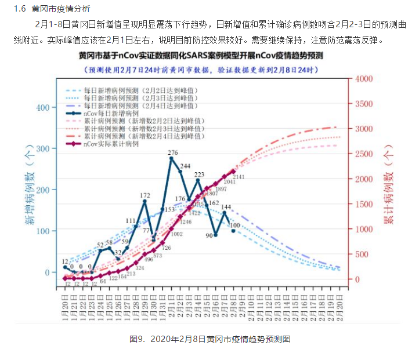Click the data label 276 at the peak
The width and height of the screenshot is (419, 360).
(x=172, y=153)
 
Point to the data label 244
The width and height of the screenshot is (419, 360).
(x=185, y=166)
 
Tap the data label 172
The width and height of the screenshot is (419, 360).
(x=145, y=196)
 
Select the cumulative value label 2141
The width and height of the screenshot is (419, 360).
(x=238, y=176)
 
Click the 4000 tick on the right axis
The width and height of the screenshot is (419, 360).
(x=363, y=79)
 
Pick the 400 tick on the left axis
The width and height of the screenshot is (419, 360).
(x=44, y=108)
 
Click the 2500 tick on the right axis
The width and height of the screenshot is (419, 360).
(x=363, y=154)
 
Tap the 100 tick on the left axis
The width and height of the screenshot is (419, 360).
(x=44, y=231)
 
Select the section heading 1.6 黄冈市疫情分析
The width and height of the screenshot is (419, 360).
(x=48, y=8)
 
